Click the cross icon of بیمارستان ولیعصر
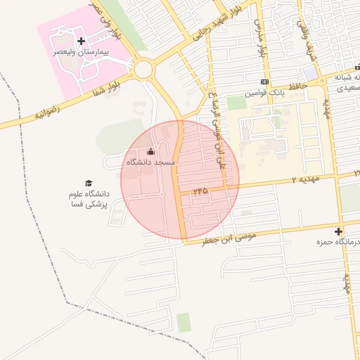point(81,41)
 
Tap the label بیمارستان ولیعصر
point(81,52)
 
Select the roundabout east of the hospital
point(145,69)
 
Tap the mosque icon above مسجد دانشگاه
point(150,152)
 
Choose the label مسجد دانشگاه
point(150,162)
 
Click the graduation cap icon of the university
point(89,184)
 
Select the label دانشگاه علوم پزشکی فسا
point(88,199)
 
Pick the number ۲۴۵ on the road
point(200,190)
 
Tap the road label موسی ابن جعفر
point(229,237)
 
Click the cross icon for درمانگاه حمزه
point(339,231)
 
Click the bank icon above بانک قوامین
point(264,82)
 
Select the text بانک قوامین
point(264,93)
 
